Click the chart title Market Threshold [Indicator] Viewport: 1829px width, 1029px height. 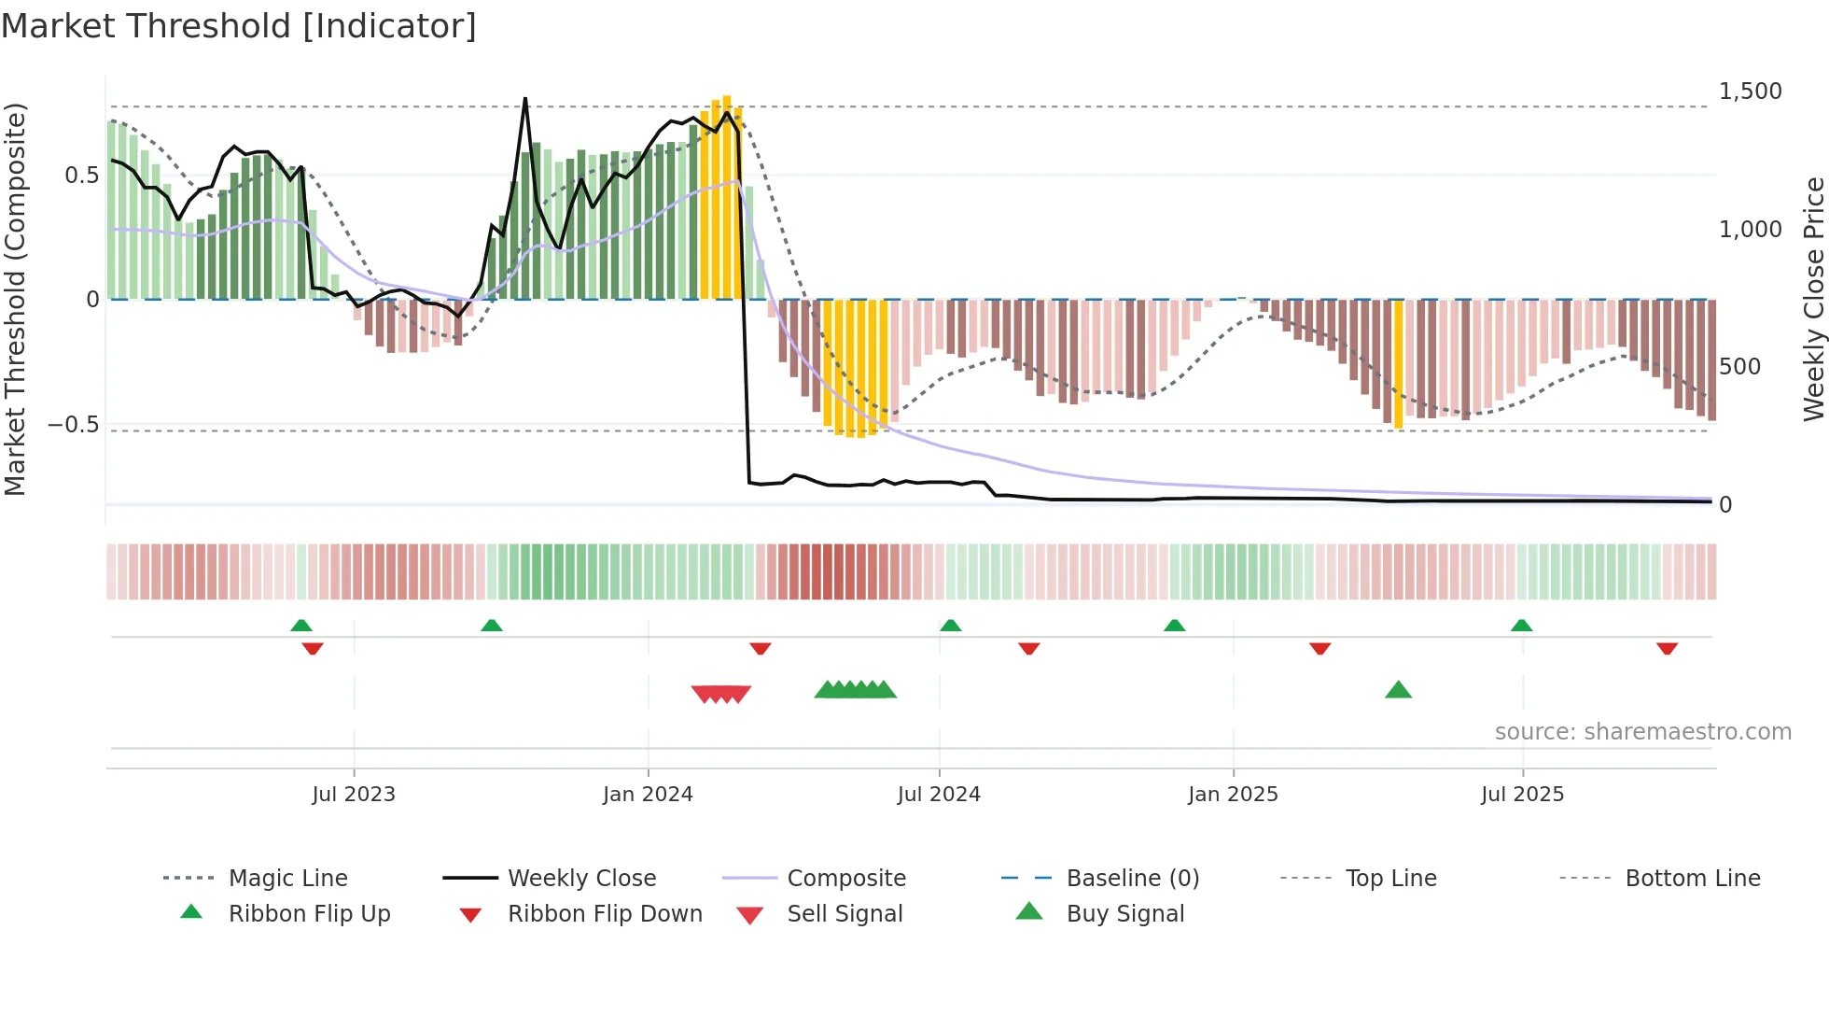coord(239,26)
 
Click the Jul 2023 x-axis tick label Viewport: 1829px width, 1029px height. coord(354,795)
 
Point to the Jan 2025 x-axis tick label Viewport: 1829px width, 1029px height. coord(1233,795)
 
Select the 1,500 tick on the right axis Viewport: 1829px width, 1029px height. coord(1750,92)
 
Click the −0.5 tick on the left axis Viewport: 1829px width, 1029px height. coord(74,425)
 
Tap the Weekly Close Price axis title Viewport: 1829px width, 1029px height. coord(1813,299)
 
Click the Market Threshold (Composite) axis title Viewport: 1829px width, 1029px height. coord(15,299)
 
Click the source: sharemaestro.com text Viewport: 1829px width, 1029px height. coord(1642,732)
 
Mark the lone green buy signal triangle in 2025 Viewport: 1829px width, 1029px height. coord(1398,690)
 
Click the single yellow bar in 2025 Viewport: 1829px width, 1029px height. coord(1398,364)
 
